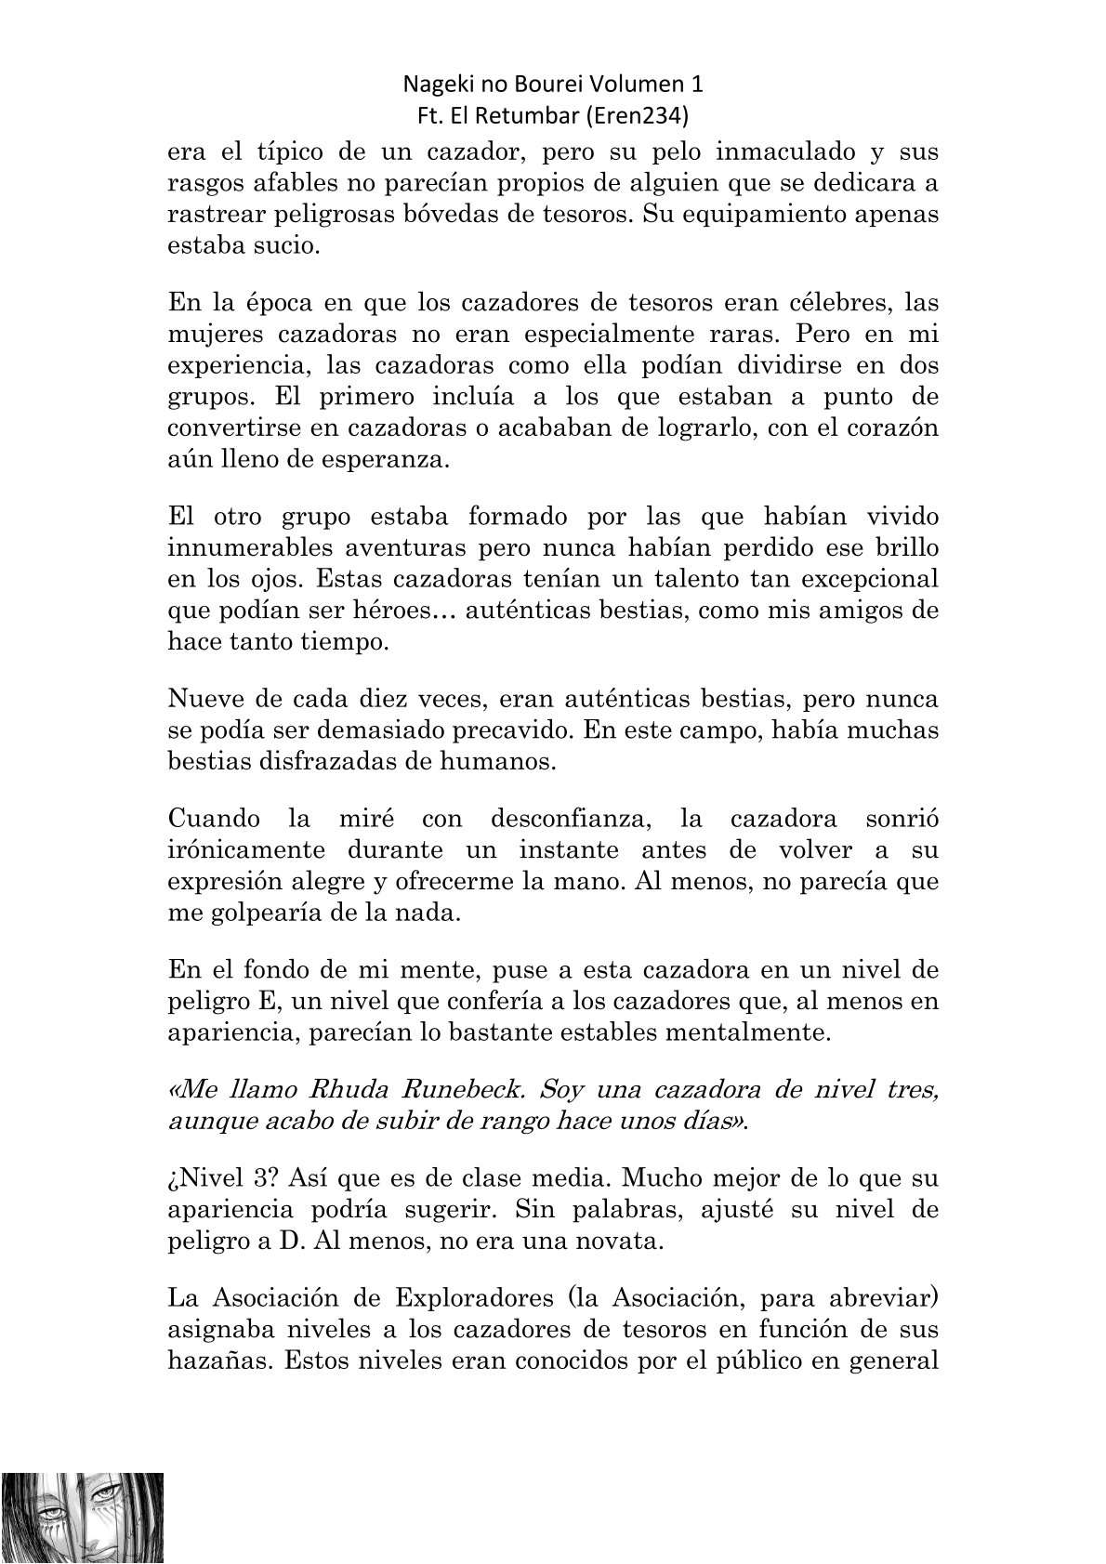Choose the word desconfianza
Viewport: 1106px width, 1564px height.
559,819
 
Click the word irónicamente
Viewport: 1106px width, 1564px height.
246,850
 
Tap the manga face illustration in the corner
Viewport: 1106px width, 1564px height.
83,1518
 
